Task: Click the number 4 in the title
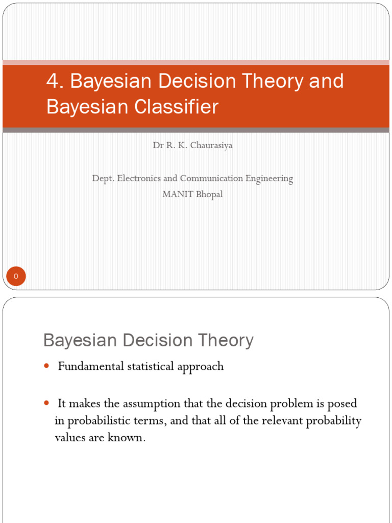52,81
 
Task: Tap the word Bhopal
208,195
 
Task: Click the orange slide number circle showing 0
16,276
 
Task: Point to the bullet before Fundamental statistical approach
46,366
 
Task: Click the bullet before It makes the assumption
46,403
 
